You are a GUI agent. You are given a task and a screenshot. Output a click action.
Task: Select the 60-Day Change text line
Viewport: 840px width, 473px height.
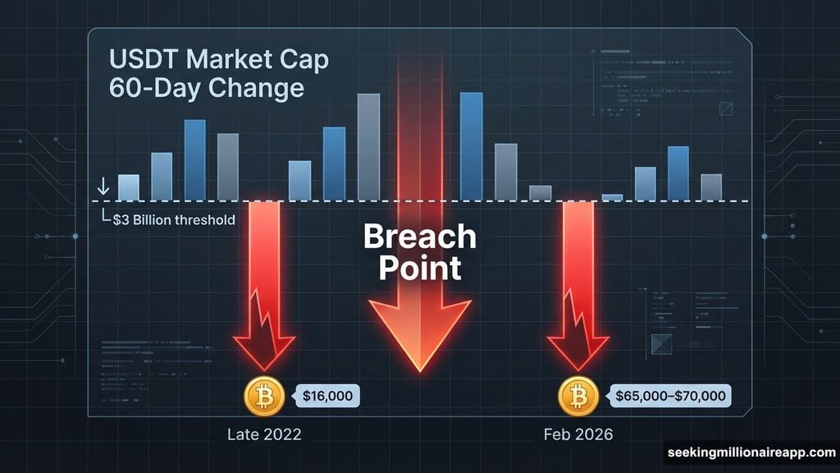tap(206, 88)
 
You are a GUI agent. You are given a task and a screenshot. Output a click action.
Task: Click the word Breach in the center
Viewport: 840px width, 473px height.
tap(419, 236)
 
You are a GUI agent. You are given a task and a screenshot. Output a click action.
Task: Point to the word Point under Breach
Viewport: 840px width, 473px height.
tap(419, 268)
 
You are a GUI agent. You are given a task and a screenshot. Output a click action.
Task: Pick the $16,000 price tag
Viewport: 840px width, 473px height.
tap(327, 396)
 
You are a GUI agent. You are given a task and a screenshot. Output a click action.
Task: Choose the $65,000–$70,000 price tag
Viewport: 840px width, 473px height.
tap(670, 396)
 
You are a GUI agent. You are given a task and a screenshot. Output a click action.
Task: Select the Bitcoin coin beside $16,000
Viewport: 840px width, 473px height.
tap(264, 397)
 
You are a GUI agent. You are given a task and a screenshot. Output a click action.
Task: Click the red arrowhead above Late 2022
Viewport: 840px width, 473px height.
tap(263, 349)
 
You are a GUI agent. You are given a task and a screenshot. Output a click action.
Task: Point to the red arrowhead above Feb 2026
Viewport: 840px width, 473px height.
tap(578, 349)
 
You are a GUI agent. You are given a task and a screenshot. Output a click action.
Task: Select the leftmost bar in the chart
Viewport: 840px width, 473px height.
tap(129, 187)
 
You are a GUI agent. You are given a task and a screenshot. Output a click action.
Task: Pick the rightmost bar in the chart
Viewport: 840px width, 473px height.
tap(711, 187)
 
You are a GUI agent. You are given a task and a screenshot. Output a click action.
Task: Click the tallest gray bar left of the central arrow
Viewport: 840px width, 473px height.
tap(368, 147)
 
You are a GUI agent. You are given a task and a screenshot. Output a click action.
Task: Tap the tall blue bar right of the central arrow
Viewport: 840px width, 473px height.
tap(471, 146)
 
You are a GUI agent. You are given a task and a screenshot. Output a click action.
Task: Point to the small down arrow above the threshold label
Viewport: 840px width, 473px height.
tap(103, 187)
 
